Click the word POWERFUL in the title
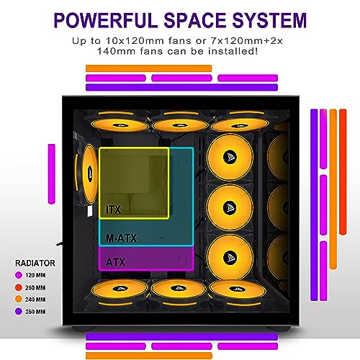coord(107,20)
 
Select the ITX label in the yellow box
coord(114,210)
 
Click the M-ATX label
coord(122,238)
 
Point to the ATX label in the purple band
coord(115,262)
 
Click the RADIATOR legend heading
coord(35,263)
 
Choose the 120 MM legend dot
coord(19,275)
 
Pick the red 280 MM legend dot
coord(19,287)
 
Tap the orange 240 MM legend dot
coord(19,300)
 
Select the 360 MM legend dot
coord(19,312)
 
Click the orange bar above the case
coord(148,68)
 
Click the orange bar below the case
coord(149,356)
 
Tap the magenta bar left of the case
coord(52,174)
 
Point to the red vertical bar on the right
coord(343,172)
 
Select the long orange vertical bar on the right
coord(333,189)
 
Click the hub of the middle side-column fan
coord(230,207)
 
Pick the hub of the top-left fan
coord(120,125)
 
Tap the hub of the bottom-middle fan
coord(178,288)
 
